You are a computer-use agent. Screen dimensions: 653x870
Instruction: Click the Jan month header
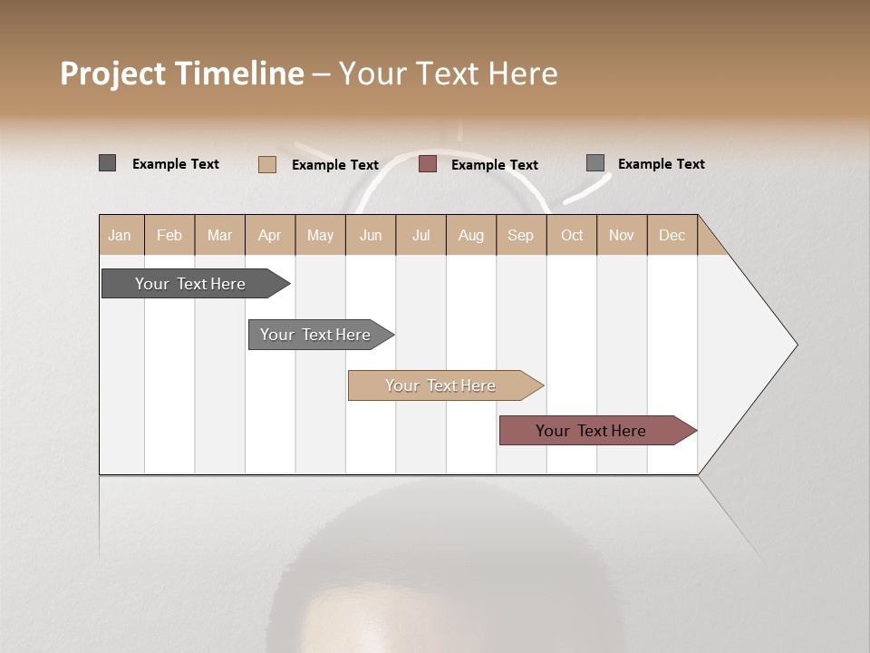tap(120, 235)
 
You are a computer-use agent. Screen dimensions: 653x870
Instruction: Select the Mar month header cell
tap(219, 235)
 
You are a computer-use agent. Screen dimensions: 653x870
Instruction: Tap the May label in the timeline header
tap(320, 235)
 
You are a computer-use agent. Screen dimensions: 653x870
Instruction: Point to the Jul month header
tap(420, 235)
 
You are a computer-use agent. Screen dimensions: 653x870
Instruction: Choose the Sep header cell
tap(520, 235)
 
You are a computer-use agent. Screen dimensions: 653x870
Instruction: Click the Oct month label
tap(572, 235)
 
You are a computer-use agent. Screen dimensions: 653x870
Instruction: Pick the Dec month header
tap(672, 235)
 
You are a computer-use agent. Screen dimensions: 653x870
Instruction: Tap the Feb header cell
tap(169, 235)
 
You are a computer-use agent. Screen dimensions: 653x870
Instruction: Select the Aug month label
tap(470, 235)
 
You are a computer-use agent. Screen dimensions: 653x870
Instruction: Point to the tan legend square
tap(266, 164)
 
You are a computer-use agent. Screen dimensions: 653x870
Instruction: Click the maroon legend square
tap(428, 164)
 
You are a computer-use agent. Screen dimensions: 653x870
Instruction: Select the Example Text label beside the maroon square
tap(494, 165)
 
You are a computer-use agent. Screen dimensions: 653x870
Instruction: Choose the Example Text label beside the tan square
tap(334, 165)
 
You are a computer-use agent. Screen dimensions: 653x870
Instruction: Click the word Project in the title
tap(112, 73)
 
